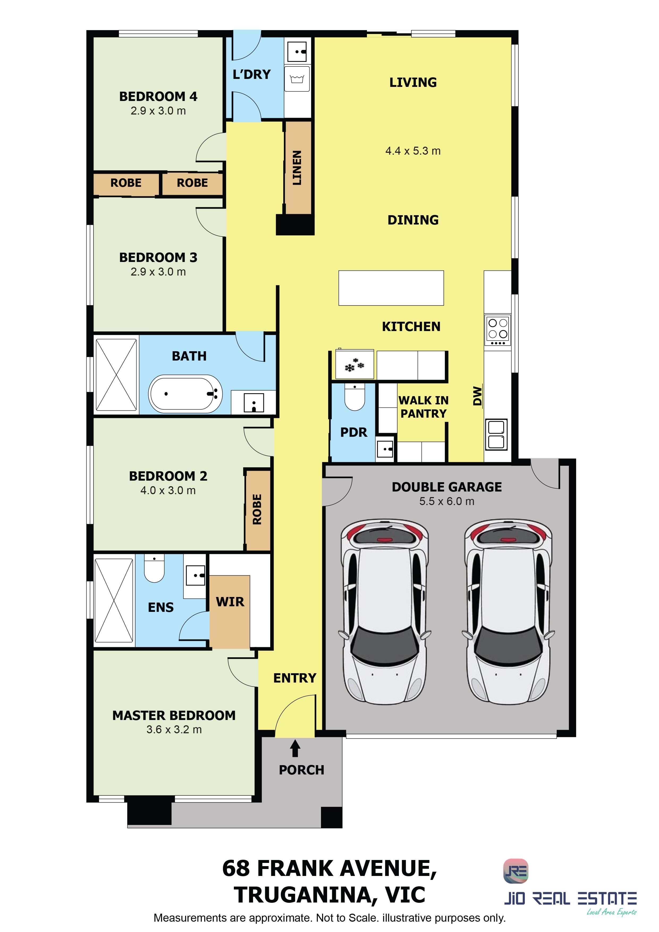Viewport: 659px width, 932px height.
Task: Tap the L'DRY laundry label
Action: pos(251,74)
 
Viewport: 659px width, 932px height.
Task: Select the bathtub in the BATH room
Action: pos(185,393)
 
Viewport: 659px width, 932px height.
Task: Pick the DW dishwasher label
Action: pos(478,396)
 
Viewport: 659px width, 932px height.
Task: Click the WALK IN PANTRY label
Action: pos(424,407)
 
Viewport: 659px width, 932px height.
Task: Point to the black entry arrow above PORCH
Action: pos(295,748)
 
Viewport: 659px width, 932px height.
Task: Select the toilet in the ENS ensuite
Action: pos(154,568)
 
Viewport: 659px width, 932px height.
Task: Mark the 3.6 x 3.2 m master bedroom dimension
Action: pos(174,730)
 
